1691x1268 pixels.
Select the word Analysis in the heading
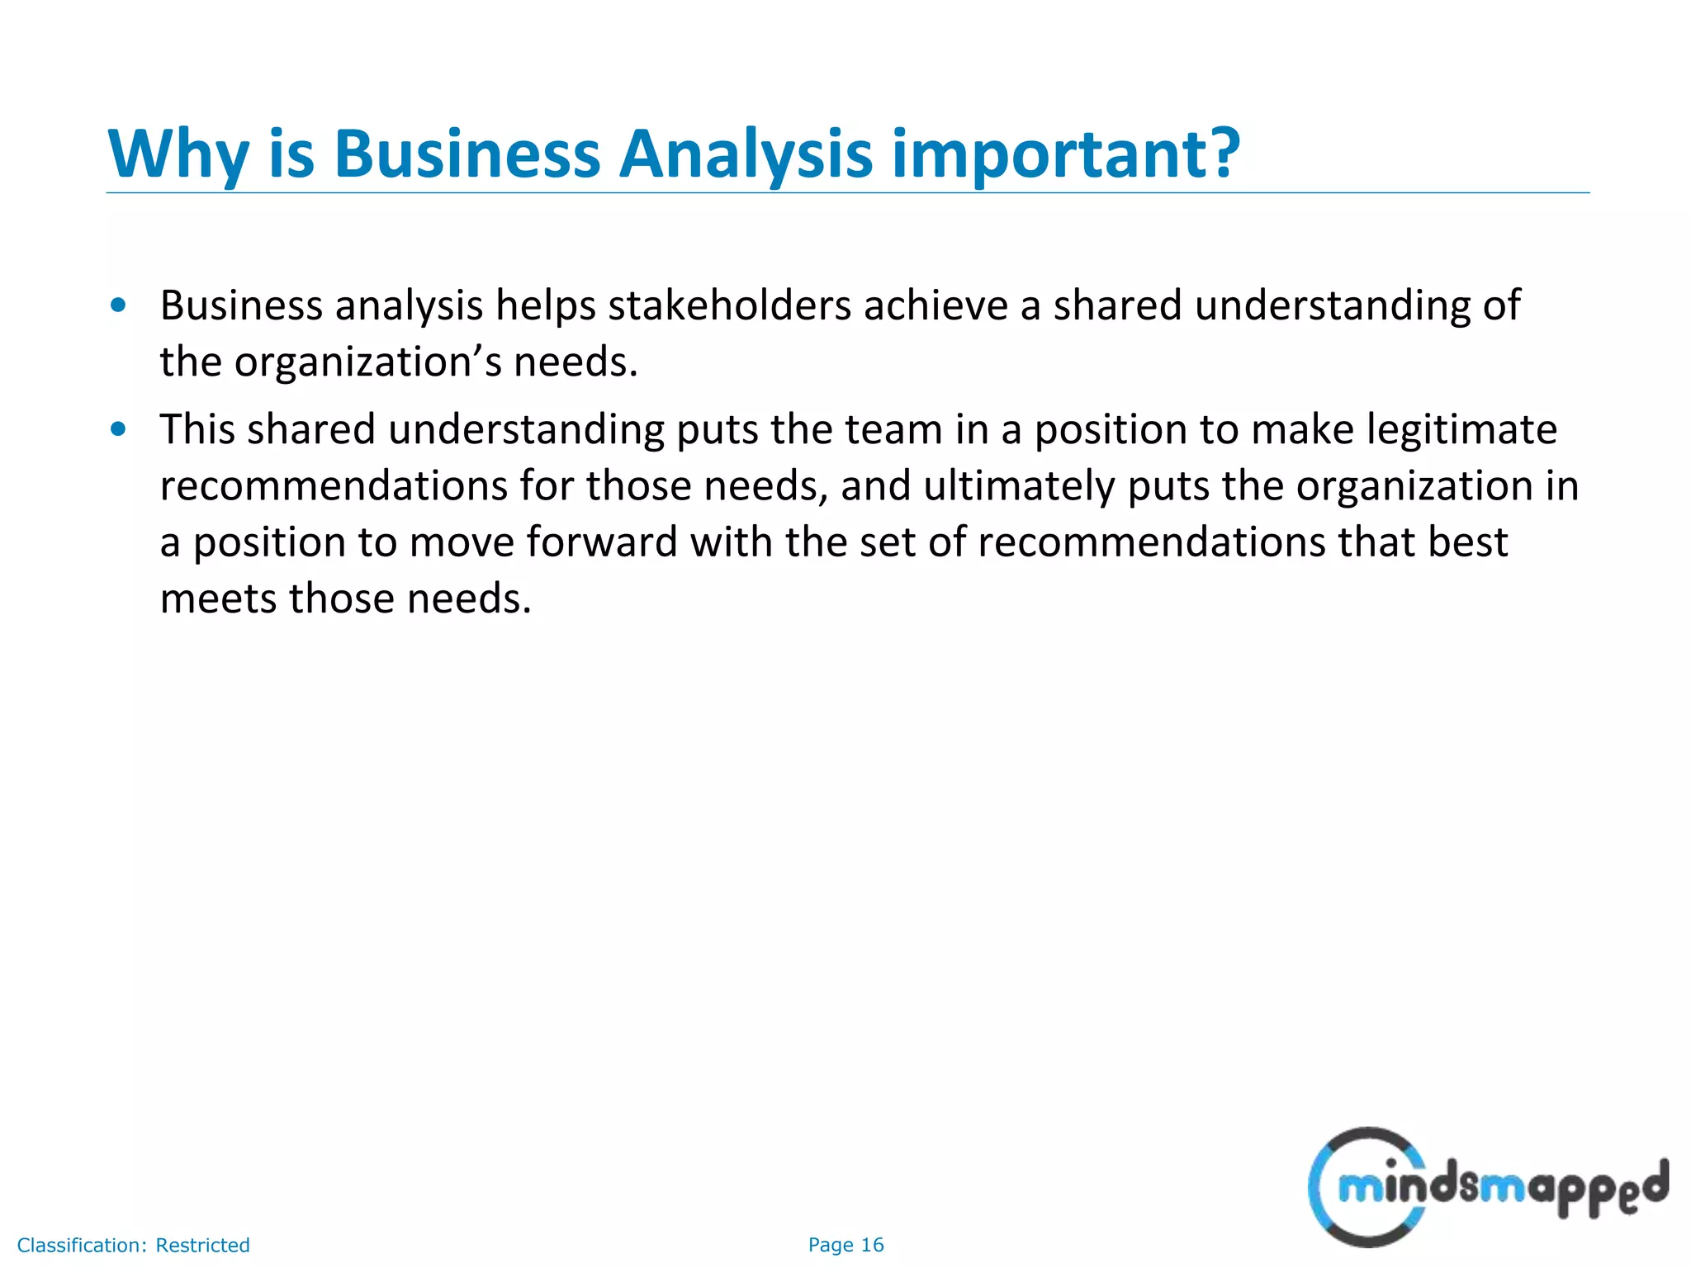pos(745,154)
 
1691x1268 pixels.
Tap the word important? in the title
pos(1066,154)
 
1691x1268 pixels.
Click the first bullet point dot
pos(118,305)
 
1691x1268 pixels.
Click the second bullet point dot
pos(118,428)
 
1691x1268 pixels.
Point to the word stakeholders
pos(729,305)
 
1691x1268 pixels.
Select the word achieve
pos(935,305)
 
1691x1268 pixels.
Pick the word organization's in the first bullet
pos(367,362)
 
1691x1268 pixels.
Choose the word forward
pos(601,542)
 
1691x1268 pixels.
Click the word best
pos(1467,542)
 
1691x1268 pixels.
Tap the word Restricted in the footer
pos(202,1245)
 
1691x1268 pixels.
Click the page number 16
pos(872,1245)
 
